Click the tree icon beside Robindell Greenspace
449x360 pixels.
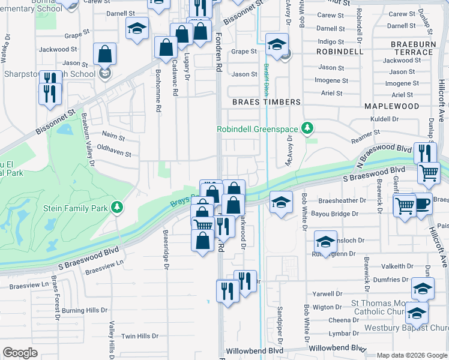307,128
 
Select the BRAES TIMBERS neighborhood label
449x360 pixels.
267,102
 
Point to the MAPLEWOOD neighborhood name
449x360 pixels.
391,106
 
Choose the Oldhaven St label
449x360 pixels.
113,153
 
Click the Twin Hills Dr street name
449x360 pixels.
140,336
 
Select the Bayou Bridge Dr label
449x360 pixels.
338,214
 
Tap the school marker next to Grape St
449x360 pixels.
277,45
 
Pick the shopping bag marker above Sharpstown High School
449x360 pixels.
105,54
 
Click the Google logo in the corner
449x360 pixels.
20,353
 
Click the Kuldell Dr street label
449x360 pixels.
384,119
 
